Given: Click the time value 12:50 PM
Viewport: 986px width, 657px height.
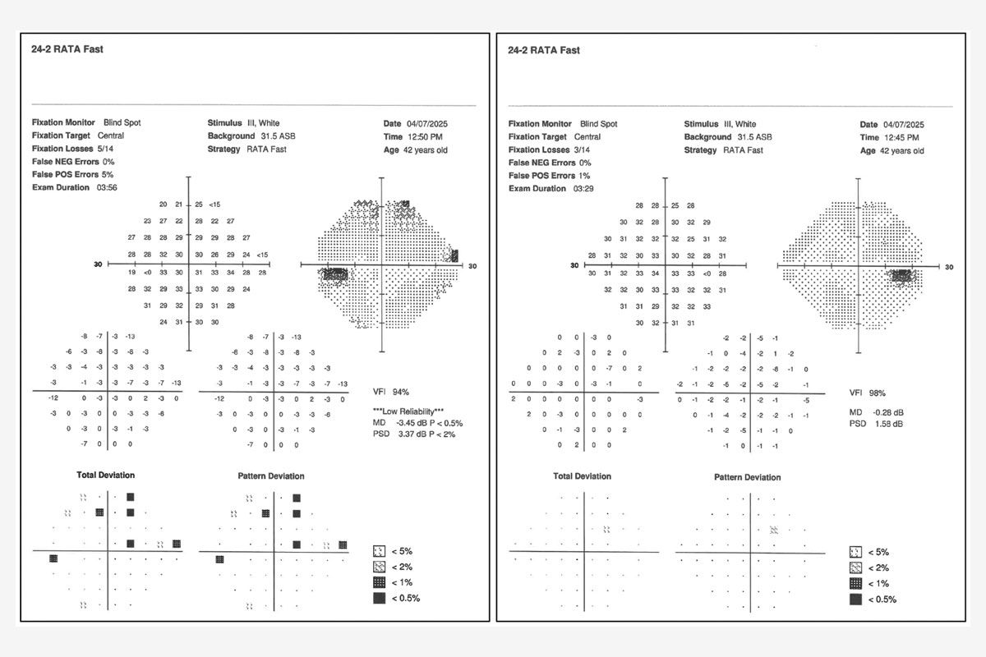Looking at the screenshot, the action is (x=425, y=137).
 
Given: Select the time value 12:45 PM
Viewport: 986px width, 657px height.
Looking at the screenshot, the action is (x=901, y=138).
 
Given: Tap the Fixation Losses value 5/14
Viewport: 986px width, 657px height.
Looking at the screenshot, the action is (x=105, y=149).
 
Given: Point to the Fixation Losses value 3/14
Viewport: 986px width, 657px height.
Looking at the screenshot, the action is (x=582, y=149).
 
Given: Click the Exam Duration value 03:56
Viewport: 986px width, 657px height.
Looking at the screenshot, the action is (x=107, y=187).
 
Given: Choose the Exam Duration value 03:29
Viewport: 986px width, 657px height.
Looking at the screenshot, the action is (x=583, y=189).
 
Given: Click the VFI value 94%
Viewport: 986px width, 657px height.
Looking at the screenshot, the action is (x=401, y=392).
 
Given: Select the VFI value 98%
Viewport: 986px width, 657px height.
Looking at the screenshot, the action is (x=877, y=393).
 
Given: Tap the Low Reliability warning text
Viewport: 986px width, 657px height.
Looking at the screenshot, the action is (x=408, y=411).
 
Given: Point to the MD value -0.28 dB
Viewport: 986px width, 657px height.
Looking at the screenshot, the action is (x=888, y=412).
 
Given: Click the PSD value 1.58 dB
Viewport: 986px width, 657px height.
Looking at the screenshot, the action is (x=889, y=424).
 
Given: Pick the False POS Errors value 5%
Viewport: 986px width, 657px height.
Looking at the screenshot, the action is (x=108, y=175).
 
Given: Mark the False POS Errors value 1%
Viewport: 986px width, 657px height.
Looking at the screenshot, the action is (x=584, y=176).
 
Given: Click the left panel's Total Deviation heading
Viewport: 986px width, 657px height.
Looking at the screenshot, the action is (x=106, y=475).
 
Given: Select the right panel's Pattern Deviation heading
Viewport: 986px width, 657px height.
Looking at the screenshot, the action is (x=748, y=477).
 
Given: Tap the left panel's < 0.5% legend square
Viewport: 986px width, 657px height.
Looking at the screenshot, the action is (x=379, y=598).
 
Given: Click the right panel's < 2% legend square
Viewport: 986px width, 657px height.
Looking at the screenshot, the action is (x=855, y=567).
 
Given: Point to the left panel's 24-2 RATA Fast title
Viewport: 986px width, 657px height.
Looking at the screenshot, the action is (x=67, y=49).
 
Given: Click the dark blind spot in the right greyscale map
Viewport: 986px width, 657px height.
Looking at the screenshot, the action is (x=902, y=276).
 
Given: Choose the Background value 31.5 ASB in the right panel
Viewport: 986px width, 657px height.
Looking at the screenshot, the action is (x=754, y=137).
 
